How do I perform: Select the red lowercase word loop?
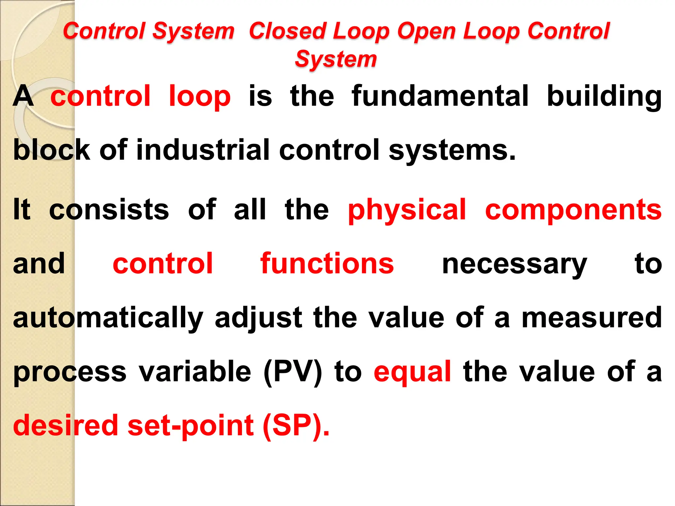pos(199,96)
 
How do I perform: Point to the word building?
pos(604,96)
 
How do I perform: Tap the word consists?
pos(109,210)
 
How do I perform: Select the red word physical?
pos(407,210)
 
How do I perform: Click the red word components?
pos(573,210)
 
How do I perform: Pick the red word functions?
pos(327,263)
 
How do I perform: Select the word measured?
pos(592,317)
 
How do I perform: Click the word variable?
pos(195,372)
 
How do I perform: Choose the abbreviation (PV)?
pos(293,372)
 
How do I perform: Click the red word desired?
pos(66,425)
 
